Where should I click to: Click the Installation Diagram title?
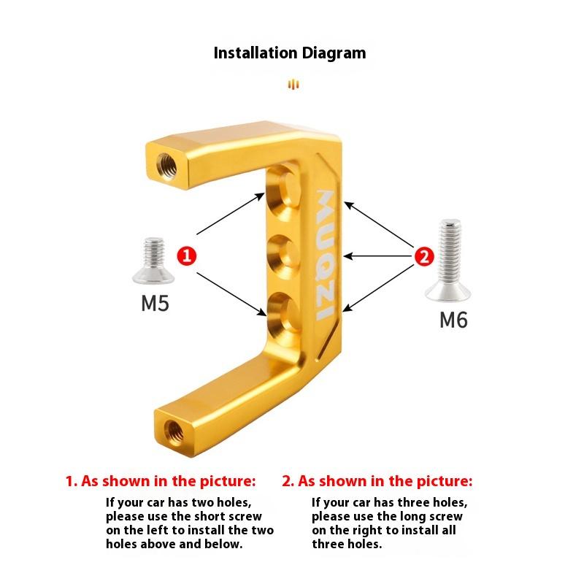[290, 53]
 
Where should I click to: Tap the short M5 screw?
[153, 261]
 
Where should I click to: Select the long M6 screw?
[449, 260]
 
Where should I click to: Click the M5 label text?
[155, 303]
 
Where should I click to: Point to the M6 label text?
[453, 320]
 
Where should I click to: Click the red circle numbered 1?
[187, 256]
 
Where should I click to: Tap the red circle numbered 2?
[424, 256]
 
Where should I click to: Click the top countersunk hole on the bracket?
[283, 193]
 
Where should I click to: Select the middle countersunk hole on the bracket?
[284, 257]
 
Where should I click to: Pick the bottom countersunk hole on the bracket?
[284, 315]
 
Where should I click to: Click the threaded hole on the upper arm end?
[167, 166]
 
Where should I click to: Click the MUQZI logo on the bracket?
[325, 255]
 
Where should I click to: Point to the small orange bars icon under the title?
[293, 84]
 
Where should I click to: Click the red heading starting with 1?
[161, 481]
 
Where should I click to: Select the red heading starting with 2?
[377, 481]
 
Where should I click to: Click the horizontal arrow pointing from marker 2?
[378, 256]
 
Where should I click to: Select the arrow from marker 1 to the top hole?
[231, 214]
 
